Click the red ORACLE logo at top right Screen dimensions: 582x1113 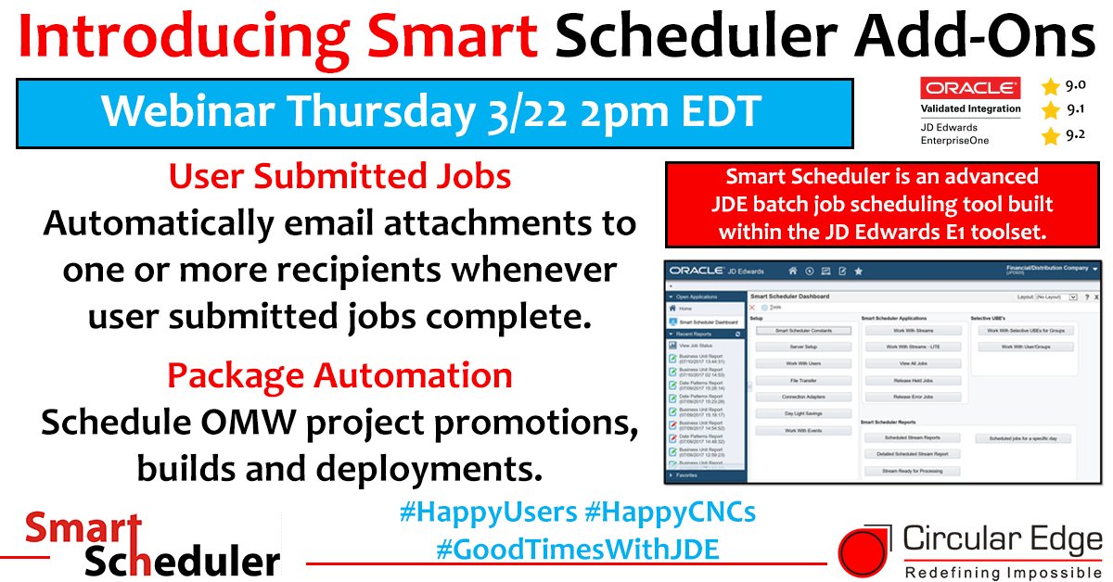[x=969, y=88]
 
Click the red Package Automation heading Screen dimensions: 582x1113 [x=339, y=375]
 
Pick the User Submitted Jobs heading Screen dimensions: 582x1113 [x=340, y=177]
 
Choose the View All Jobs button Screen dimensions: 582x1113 [x=913, y=363]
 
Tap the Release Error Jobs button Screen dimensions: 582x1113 [x=913, y=397]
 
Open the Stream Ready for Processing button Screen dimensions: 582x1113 [x=913, y=471]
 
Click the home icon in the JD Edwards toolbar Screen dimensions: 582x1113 [x=791, y=271]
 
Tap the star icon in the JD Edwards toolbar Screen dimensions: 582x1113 [x=858, y=271]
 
